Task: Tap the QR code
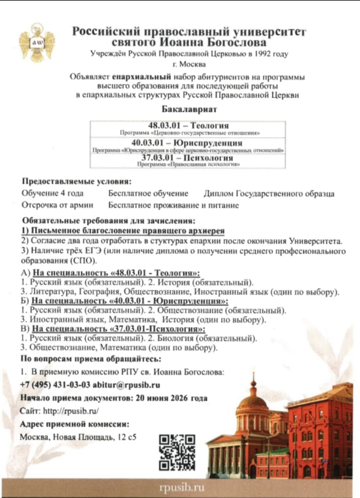[x=177, y=452]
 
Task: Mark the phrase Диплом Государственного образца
[x=269, y=194]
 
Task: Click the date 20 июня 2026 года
[x=169, y=398]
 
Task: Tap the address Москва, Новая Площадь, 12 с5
[x=78, y=436]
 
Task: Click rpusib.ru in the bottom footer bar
[x=181, y=488]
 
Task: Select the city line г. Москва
[x=188, y=64]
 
